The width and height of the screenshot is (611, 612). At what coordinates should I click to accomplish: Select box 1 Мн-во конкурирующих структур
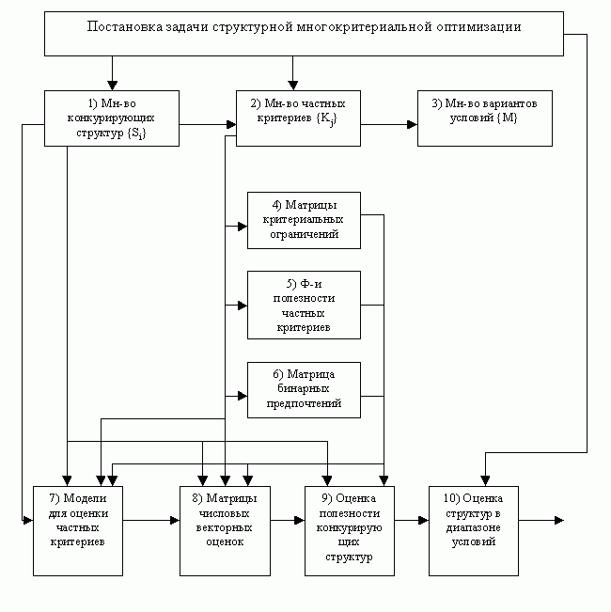click(111, 118)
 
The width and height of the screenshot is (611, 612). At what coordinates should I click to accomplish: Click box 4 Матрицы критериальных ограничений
click(304, 220)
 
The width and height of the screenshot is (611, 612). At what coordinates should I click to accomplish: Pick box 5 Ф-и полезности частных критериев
click(304, 305)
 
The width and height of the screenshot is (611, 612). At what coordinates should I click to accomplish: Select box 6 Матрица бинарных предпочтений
click(304, 389)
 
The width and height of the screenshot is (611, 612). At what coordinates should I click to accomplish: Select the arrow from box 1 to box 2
click(207, 123)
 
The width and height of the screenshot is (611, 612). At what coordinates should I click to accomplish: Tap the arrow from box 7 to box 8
click(150, 519)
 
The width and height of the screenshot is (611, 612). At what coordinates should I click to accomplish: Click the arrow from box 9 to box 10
click(411, 519)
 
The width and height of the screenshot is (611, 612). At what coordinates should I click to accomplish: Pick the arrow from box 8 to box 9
click(287, 519)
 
